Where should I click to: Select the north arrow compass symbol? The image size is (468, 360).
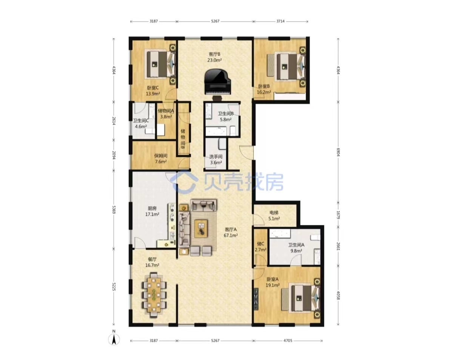pyautogui.click(x=114, y=340)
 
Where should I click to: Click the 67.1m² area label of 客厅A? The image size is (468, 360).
pyautogui.click(x=231, y=235)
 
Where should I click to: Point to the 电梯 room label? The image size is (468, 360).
pyautogui.click(x=274, y=213)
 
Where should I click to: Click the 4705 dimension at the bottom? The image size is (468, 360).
pyautogui.click(x=288, y=340)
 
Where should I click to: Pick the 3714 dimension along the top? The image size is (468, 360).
pyautogui.click(x=280, y=21)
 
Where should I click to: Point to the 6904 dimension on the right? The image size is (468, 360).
pyautogui.click(x=338, y=152)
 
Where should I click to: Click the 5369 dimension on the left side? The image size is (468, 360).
pyautogui.click(x=114, y=209)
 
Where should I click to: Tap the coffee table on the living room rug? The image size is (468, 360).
pyautogui.click(x=201, y=228)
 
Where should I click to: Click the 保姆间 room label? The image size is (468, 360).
pyautogui.click(x=161, y=156)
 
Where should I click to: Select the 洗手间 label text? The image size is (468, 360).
pyautogui.click(x=216, y=157)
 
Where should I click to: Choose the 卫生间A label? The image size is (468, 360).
pyautogui.click(x=296, y=245)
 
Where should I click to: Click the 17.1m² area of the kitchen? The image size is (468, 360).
pyautogui.click(x=152, y=214)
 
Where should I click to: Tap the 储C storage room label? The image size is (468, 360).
pyautogui.click(x=260, y=244)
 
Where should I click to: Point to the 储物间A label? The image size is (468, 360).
pyautogui.click(x=166, y=111)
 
